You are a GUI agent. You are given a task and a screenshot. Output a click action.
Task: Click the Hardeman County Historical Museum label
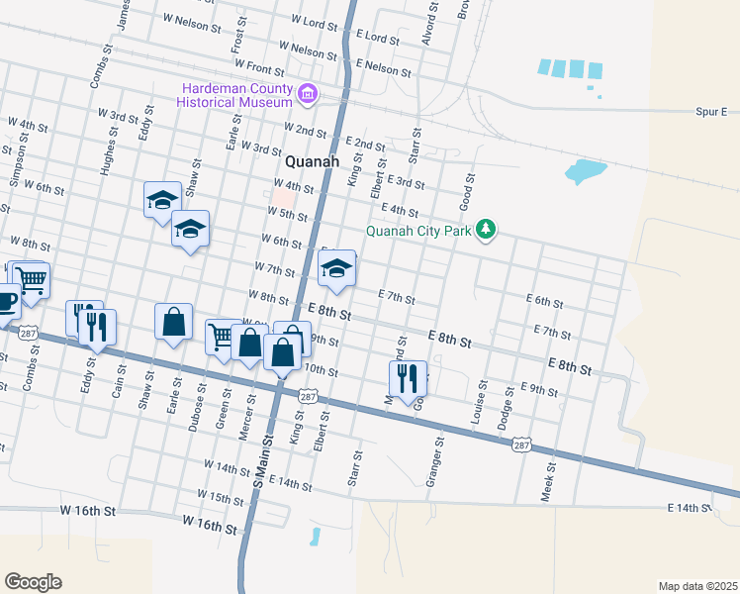pyautogui.click(x=234, y=95)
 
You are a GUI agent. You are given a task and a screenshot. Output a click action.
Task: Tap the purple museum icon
pyautogui.click(x=308, y=96)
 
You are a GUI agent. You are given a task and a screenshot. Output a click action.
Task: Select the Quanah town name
pyautogui.click(x=312, y=161)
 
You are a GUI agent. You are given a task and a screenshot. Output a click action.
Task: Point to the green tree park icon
pyautogui.click(x=485, y=230)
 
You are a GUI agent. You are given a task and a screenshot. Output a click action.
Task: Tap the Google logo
pyautogui.click(x=33, y=581)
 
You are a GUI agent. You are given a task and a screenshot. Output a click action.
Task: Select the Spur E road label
pyautogui.click(x=710, y=112)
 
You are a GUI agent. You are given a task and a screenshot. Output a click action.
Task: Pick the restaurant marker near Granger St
pyautogui.click(x=407, y=376)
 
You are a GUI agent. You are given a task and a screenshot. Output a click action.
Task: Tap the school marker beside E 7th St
pyautogui.click(x=336, y=268)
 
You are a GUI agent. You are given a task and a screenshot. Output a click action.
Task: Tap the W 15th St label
pyautogui.click(x=221, y=494)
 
